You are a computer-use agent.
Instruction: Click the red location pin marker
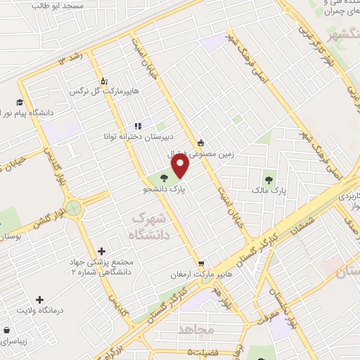click(x=181, y=167)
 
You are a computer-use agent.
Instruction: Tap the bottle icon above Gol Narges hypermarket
click(x=105, y=81)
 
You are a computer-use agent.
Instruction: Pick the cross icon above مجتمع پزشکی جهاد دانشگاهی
click(x=103, y=251)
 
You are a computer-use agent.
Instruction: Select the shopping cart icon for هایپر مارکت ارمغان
click(x=202, y=262)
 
